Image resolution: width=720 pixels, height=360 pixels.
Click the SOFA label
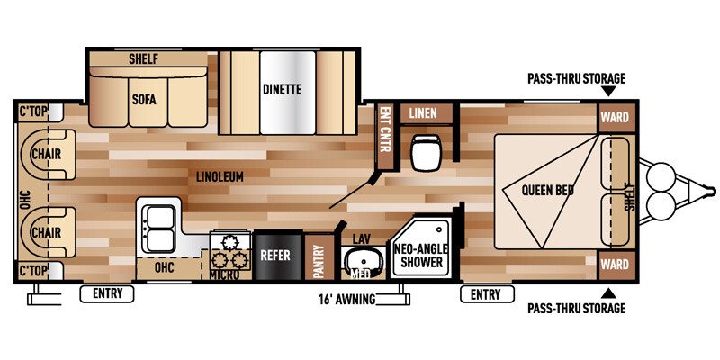click(144, 99)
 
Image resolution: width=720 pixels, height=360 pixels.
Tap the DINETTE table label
click(283, 88)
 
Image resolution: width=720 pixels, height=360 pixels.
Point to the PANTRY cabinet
click(320, 257)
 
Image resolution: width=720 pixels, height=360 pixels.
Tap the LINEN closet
click(423, 113)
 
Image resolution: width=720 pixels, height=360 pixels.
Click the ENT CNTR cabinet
click(385, 136)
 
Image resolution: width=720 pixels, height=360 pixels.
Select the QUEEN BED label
click(547, 190)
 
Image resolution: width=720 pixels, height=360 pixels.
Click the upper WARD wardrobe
click(615, 117)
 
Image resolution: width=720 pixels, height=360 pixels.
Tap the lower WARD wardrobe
click(615, 265)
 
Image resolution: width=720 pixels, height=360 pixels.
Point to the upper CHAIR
click(48, 154)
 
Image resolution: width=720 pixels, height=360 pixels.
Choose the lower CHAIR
click(48, 232)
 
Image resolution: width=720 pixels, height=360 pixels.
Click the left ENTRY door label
click(107, 294)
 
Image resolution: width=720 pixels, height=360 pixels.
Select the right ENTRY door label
click(487, 294)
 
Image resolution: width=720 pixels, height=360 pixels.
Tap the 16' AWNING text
click(346, 300)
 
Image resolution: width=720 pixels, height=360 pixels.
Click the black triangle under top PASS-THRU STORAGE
click(609, 92)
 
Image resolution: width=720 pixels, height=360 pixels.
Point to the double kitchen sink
click(159, 229)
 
